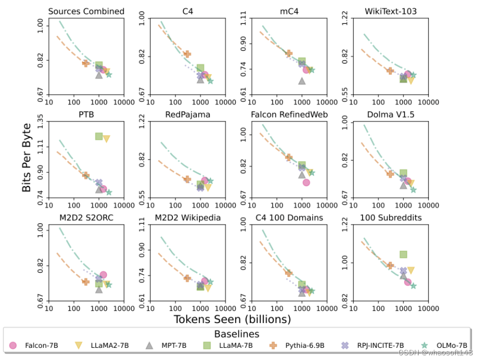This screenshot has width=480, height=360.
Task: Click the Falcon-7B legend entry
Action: pos(35,346)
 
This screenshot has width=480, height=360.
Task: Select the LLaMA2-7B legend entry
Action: pos(103,346)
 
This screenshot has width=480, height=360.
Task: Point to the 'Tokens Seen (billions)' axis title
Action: pos(232,319)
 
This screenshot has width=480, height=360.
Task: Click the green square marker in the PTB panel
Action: pos(99,136)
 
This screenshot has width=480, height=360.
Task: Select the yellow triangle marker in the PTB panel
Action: pos(106,139)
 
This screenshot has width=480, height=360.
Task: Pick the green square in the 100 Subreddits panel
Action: pos(403,255)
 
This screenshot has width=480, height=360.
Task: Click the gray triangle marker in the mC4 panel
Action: pos(302,81)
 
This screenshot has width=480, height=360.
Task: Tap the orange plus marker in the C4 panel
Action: pos(187,54)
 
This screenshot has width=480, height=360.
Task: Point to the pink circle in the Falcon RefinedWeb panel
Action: pos(306,182)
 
